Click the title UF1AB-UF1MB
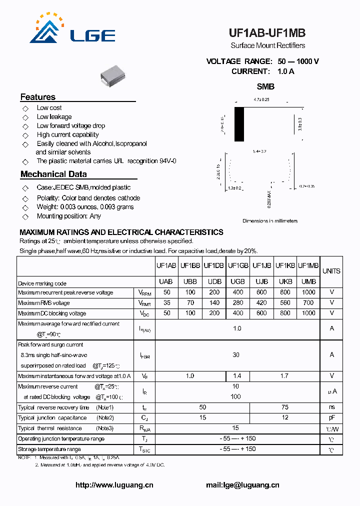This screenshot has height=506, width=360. coord(267,33)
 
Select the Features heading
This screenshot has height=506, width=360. coord(38,97)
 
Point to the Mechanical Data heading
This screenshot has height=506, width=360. coord(53,174)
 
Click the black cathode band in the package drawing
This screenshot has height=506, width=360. coord(238,124)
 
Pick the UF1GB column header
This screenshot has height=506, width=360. coord(238,265)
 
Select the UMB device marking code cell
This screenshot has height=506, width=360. coord(308,282)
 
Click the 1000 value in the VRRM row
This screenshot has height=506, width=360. coord(308,292)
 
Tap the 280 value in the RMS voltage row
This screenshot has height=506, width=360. coord(238,303)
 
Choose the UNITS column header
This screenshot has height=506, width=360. coord(331,271)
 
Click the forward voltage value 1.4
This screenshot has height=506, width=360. coord(238,375)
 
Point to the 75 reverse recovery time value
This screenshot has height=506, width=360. coord(285,407)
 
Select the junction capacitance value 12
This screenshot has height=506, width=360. coord(285,418)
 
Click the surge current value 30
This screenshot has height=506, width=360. coord(236,354)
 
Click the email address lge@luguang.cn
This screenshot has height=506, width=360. coord(242,484)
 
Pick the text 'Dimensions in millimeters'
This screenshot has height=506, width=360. coord(270,220)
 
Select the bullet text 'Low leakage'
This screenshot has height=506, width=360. coord(54,116)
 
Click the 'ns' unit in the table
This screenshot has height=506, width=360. coord(331,407)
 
